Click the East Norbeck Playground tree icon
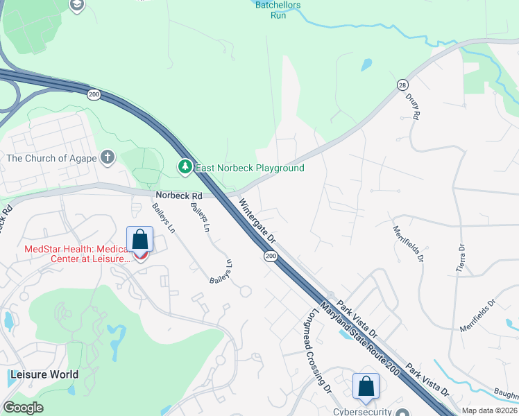(185, 167)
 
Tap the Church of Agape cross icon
(107, 157)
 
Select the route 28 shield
(402, 84)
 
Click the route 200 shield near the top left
(94, 94)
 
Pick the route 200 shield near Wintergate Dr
(270, 257)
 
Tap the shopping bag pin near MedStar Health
(140, 240)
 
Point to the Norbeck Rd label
(178, 196)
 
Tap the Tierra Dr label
(460, 257)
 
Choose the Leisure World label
(44, 374)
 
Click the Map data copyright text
(489, 410)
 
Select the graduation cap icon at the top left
(77, 5)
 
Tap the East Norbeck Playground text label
(250, 168)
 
